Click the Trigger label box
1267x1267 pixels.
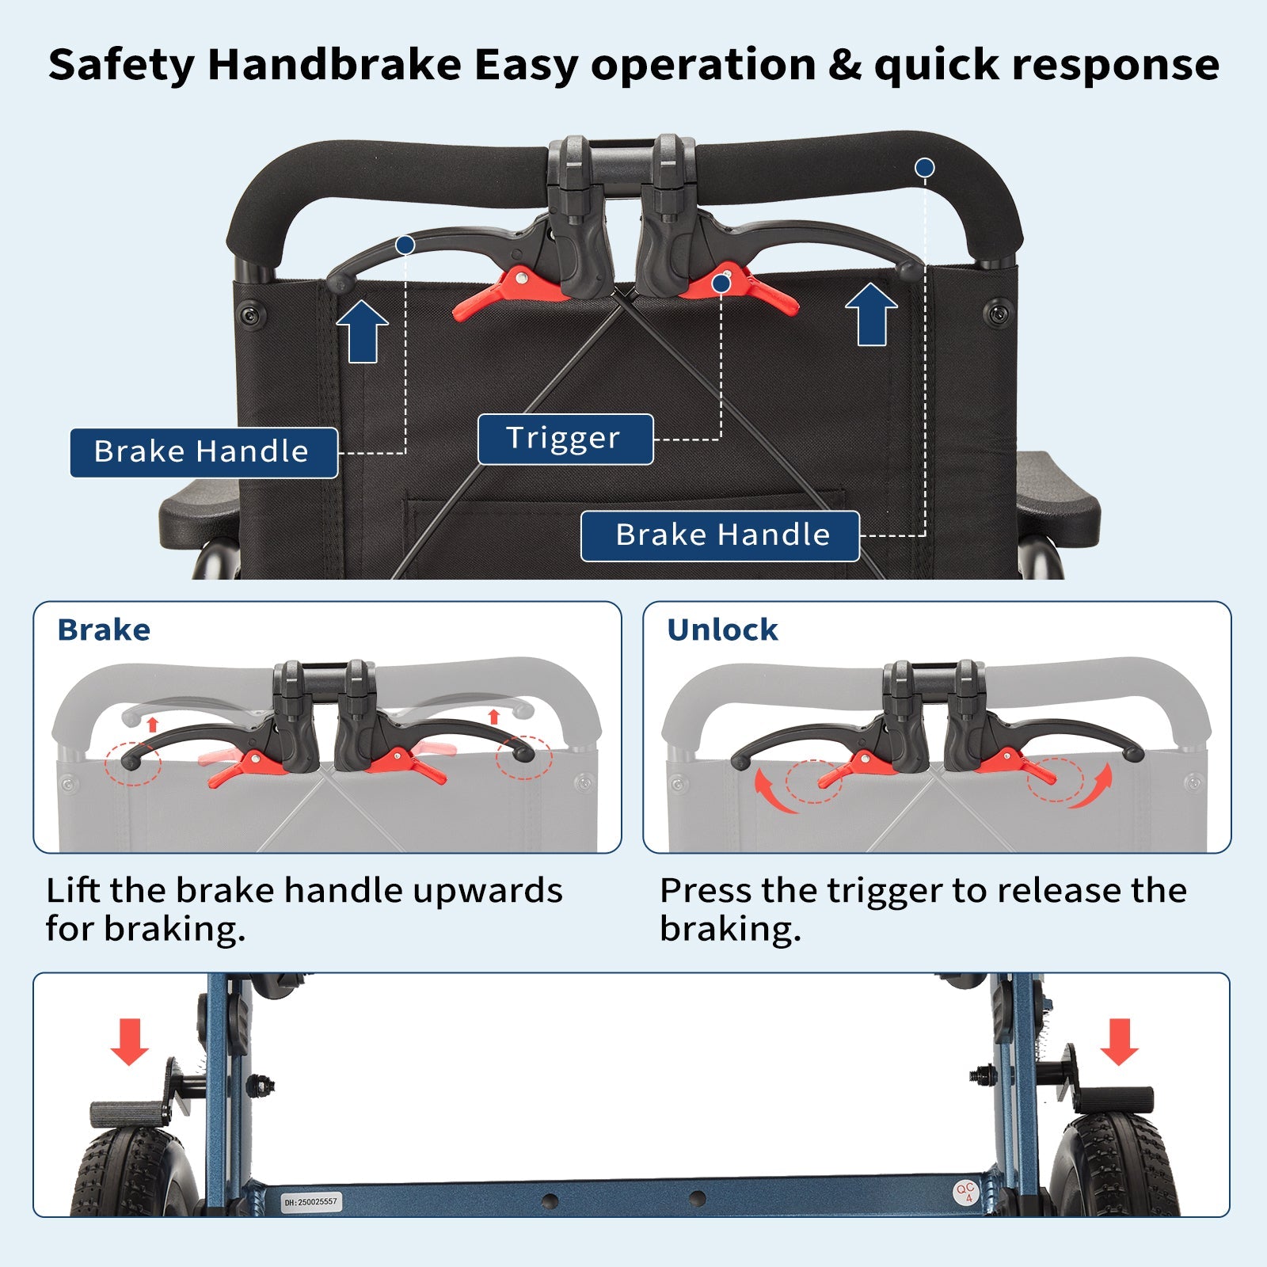[x=565, y=439]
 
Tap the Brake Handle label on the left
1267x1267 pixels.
[x=204, y=452]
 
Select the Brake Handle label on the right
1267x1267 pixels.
[x=720, y=536]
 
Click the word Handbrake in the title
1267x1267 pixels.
[x=334, y=64]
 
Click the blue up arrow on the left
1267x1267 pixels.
[x=362, y=330]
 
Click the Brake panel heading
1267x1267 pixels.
[x=104, y=630]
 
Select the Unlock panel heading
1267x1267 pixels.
[x=722, y=630]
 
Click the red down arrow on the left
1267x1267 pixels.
[x=129, y=1041]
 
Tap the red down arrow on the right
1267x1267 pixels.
[x=1119, y=1041]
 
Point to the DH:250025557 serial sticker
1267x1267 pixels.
[x=310, y=1202]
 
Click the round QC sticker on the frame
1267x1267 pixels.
[x=965, y=1193]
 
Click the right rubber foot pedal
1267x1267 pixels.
[x=1113, y=1101]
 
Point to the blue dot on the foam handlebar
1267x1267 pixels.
[x=924, y=168]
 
